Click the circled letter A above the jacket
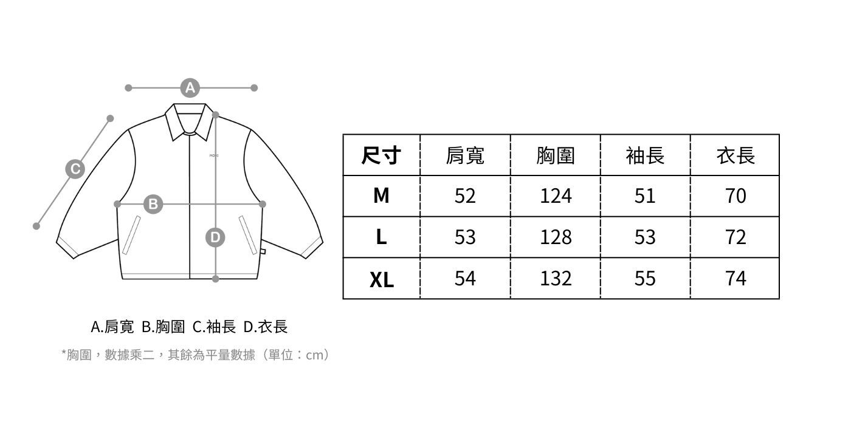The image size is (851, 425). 190,88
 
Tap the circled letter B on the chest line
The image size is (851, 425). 153,204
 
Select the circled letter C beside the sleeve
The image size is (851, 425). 75,169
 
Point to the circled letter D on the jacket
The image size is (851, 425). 215,237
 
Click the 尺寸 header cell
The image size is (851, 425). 381,155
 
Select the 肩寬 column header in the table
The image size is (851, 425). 465,155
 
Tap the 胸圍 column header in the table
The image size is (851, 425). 556,155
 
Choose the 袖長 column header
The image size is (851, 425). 645,155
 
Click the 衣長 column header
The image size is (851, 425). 736,155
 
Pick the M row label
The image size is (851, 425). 381,195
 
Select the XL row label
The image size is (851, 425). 382,279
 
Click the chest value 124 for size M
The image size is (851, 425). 556,196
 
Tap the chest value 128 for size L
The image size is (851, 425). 556,237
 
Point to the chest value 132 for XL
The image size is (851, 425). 556,279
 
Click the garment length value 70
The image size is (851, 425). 736,196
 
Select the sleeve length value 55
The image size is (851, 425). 645,279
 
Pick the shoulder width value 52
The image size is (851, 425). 465,196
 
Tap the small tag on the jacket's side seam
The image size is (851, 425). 263,251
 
